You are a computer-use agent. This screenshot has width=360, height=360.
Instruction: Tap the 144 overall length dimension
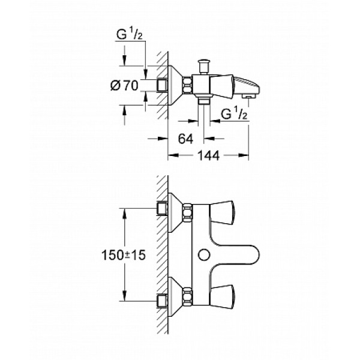tap(208, 155)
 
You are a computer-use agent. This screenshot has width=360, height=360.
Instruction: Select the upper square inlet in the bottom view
tap(161, 208)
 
